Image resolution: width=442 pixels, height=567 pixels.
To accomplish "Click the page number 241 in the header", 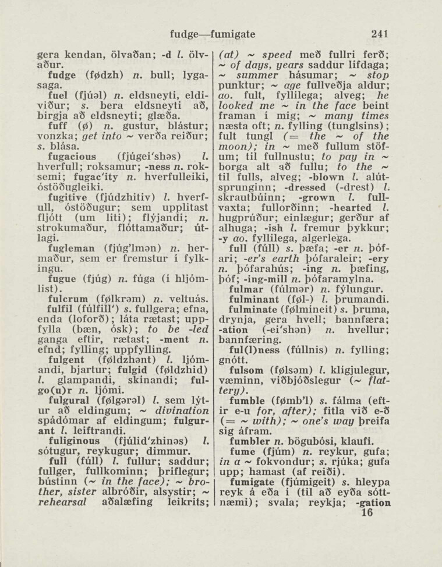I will [377, 34].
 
